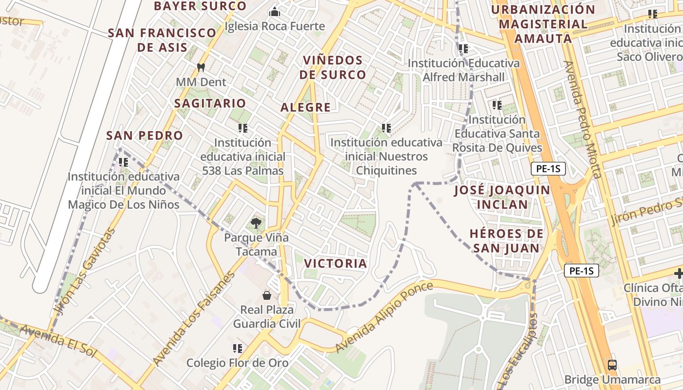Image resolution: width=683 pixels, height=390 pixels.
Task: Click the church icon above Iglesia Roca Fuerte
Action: click(x=275, y=11)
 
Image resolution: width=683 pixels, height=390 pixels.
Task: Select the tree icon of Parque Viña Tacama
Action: click(x=256, y=223)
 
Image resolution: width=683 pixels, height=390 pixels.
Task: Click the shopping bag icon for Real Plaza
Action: click(x=267, y=295)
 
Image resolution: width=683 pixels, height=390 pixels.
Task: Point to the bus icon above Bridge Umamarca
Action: click(x=612, y=365)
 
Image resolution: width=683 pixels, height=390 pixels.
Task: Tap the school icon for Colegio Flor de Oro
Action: click(x=238, y=348)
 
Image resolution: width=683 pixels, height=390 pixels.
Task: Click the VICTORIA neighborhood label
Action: click(x=335, y=263)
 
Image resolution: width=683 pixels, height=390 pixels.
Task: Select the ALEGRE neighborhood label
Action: click(x=305, y=107)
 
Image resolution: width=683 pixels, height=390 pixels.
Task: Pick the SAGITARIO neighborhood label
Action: click(x=210, y=103)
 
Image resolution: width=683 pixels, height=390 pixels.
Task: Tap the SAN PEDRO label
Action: click(x=144, y=136)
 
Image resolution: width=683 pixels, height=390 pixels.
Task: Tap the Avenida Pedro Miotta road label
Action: click(x=583, y=119)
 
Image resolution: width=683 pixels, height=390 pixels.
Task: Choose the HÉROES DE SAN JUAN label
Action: click(x=506, y=241)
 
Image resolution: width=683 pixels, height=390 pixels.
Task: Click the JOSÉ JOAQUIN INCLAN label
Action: click(x=502, y=197)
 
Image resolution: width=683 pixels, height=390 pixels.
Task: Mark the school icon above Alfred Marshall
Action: click(x=463, y=49)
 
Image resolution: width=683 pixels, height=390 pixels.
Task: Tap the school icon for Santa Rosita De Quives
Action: click(x=497, y=105)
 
